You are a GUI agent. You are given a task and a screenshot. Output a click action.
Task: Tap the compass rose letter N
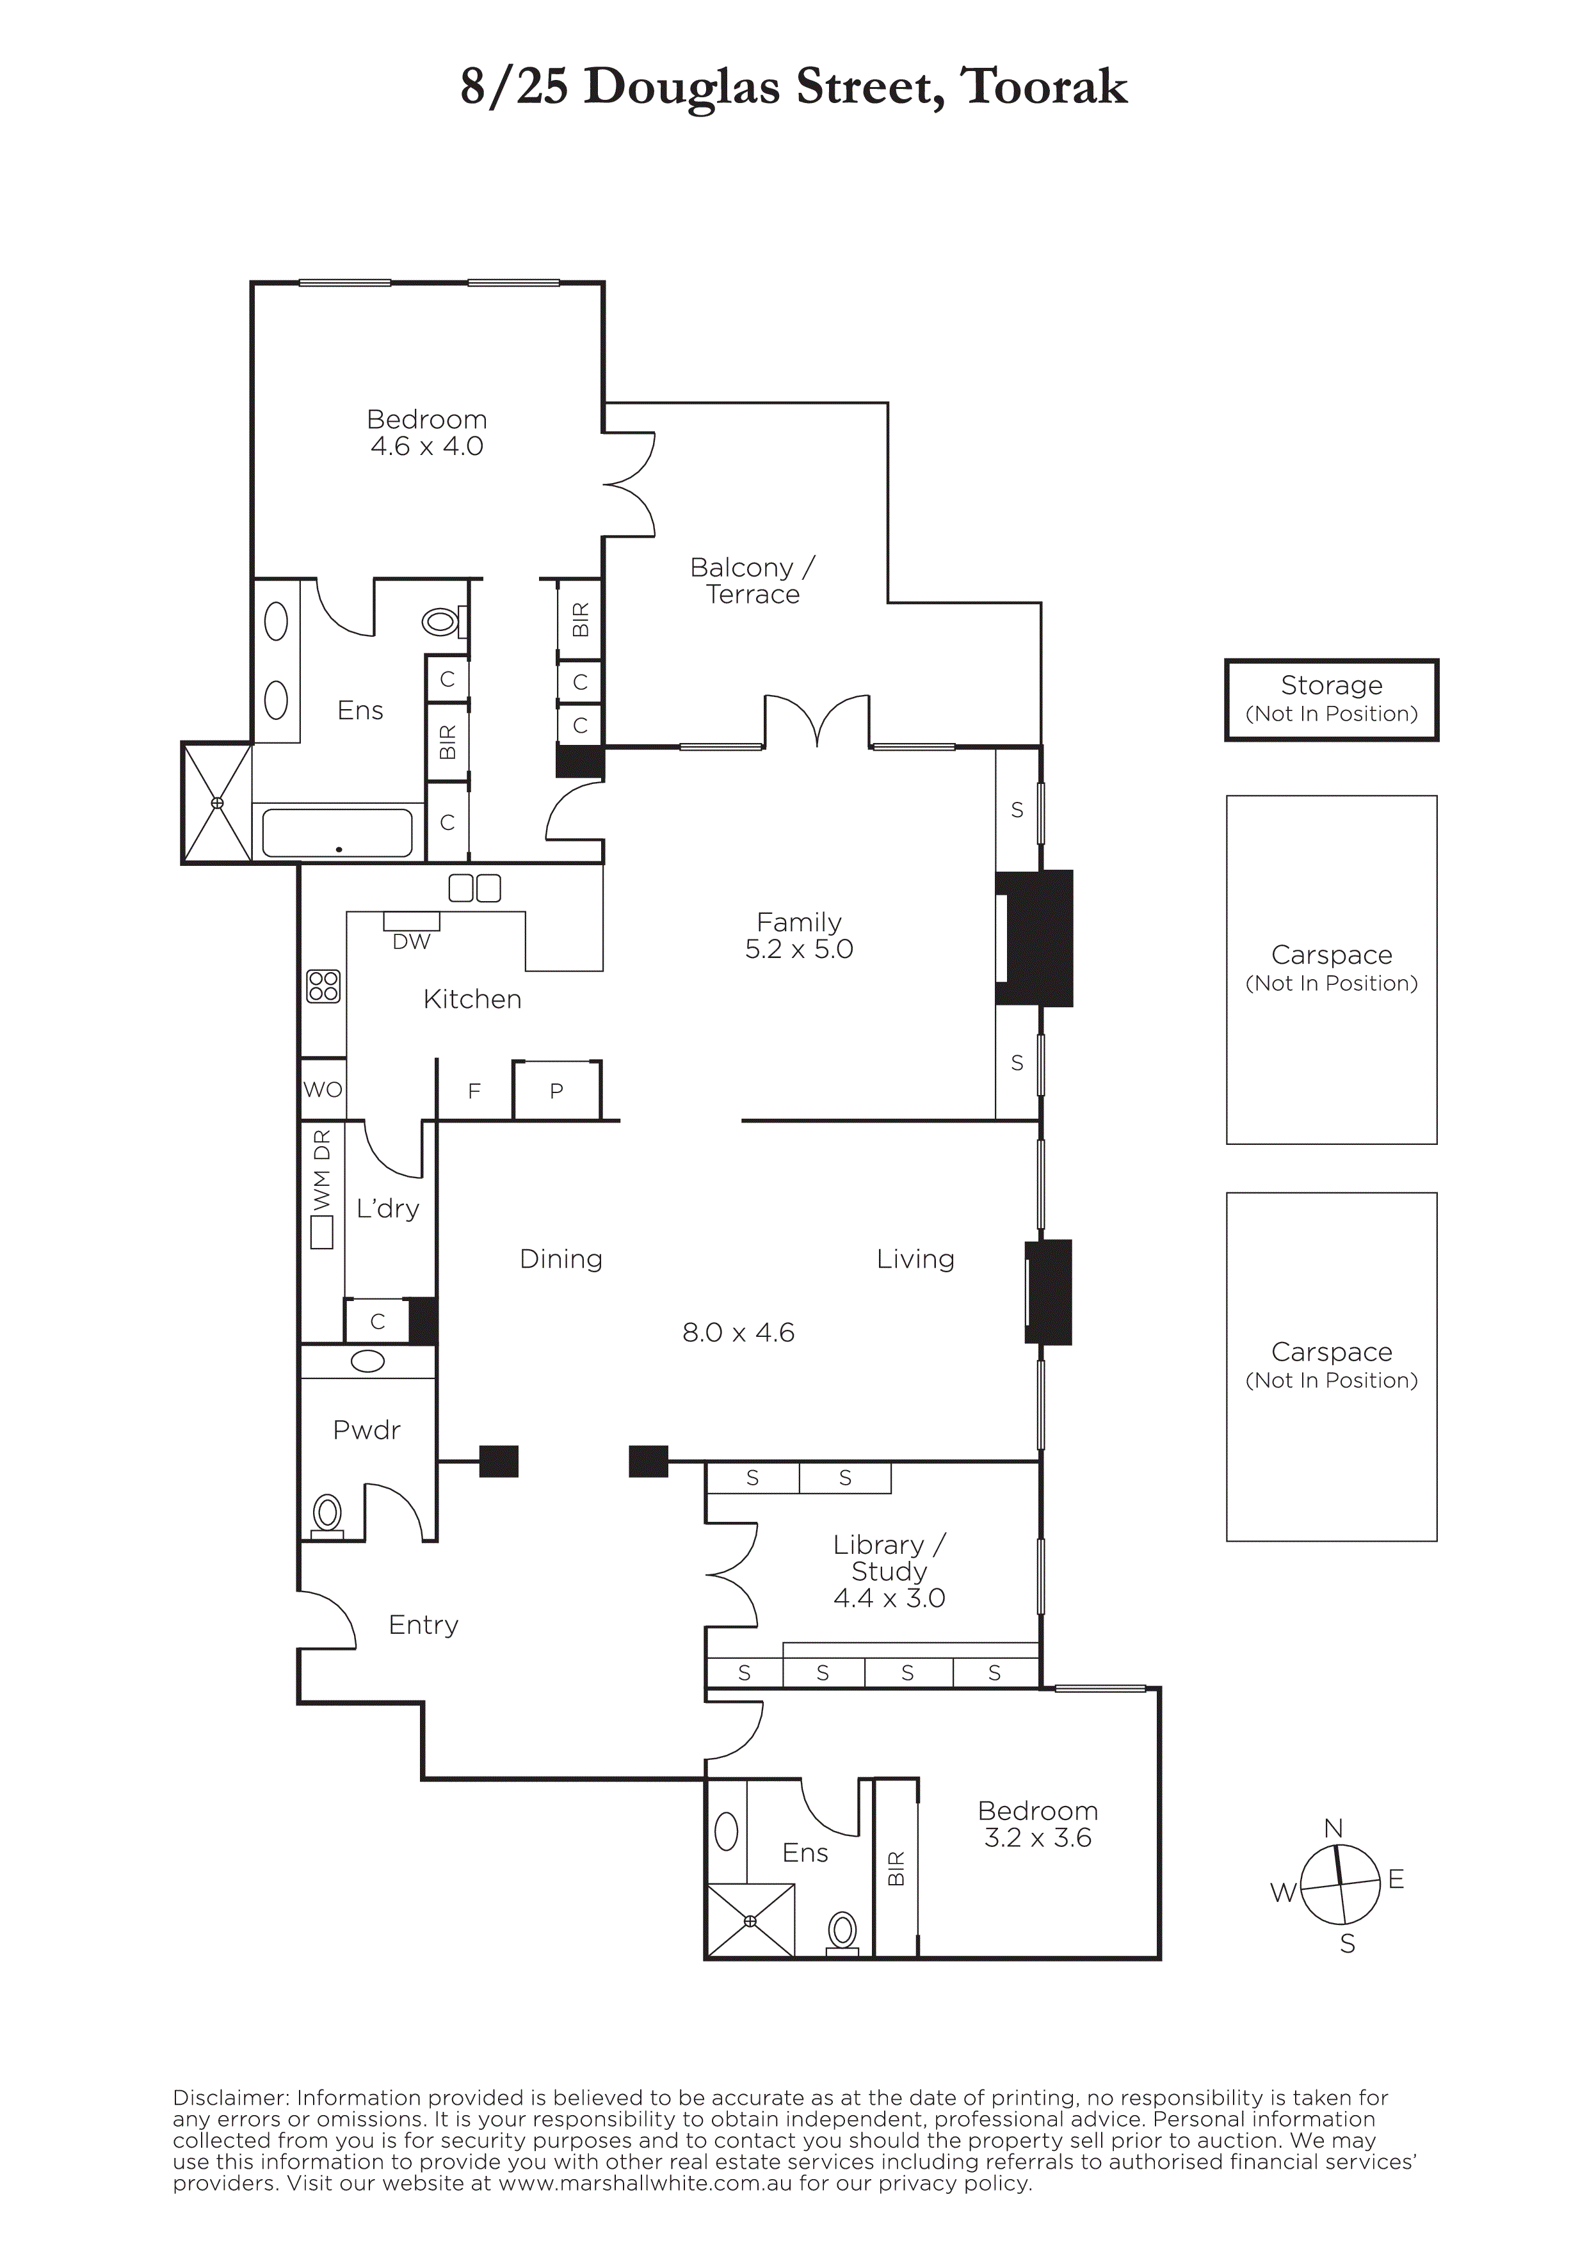[x=1333, y=1828]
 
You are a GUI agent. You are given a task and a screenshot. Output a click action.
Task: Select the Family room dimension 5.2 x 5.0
[x=799, y=950]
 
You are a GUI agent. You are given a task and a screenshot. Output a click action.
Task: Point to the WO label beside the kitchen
[x=323, y=1089]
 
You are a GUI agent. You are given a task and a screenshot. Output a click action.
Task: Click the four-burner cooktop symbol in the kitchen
[x=324, y=986]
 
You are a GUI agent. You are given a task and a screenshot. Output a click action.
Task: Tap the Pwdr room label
[x=367, y=1430]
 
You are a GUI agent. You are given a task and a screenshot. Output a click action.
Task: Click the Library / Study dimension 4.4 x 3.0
[x=889, y=1599]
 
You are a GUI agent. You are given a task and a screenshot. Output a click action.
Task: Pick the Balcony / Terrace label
[x=752, y=581]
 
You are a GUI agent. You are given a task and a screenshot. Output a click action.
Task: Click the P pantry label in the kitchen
[x=556, y=1091]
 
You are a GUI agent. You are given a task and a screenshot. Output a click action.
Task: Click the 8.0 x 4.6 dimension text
[x=738, y=1332]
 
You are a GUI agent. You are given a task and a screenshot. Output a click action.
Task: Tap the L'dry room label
[x=387, y=1210]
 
